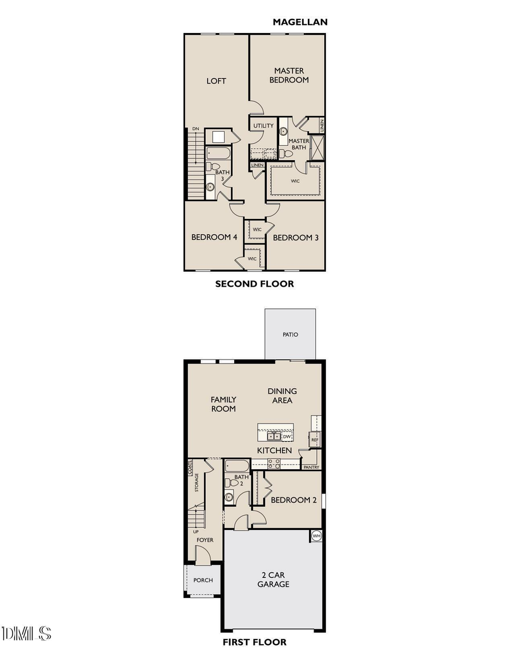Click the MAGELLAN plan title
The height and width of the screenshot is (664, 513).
300,22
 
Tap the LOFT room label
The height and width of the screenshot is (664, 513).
216,81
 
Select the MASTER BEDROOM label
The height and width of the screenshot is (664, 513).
289,75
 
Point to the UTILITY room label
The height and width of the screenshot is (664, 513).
263,125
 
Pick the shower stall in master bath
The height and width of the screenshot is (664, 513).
316,146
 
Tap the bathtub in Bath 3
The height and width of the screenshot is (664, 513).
218,153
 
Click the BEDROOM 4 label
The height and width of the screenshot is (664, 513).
214,237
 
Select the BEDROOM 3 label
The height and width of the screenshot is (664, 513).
295,237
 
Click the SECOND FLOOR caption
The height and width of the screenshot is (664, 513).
254,284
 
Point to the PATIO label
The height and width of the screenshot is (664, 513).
290,335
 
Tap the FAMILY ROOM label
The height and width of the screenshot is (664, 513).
223,404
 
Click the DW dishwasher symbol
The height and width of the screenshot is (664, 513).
287,437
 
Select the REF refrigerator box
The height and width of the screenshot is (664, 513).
315,440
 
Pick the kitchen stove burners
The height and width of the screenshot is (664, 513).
274,463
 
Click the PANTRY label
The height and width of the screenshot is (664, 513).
311,467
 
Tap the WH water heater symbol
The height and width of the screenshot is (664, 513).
316,536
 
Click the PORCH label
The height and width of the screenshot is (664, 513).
203,580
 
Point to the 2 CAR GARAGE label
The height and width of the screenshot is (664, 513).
273,579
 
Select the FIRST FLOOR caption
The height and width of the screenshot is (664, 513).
254,642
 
